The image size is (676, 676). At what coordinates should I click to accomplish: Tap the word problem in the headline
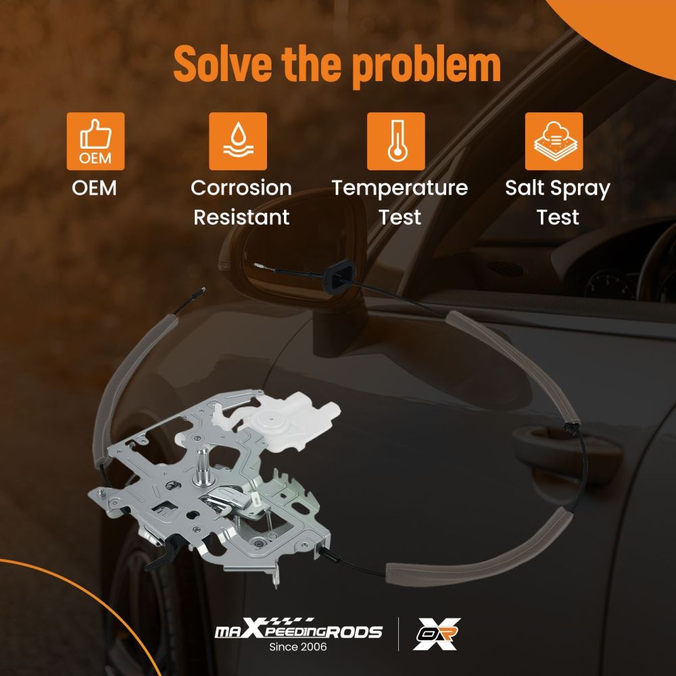click(427, 67)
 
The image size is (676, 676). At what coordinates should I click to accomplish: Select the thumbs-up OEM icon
click(96, 141)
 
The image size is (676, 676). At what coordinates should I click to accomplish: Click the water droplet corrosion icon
click(238, 141)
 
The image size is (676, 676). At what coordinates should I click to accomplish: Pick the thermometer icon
click(395, 141)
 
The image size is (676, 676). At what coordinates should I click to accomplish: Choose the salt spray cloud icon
click(554, 141)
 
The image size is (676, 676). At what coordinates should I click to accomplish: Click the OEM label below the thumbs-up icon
click(95, 188)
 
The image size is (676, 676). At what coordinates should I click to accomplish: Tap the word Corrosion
click(241, 188)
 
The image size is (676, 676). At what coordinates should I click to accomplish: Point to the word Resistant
click(241, 217)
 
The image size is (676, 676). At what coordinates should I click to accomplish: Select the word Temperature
click(400, 189)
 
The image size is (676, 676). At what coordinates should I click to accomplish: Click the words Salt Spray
click(558, 189)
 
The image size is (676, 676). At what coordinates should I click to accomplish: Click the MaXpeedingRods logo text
click(298, 629)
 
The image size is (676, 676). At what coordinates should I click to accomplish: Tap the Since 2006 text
click(298, 647)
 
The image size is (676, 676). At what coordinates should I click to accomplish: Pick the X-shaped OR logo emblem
click(436, 633)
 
